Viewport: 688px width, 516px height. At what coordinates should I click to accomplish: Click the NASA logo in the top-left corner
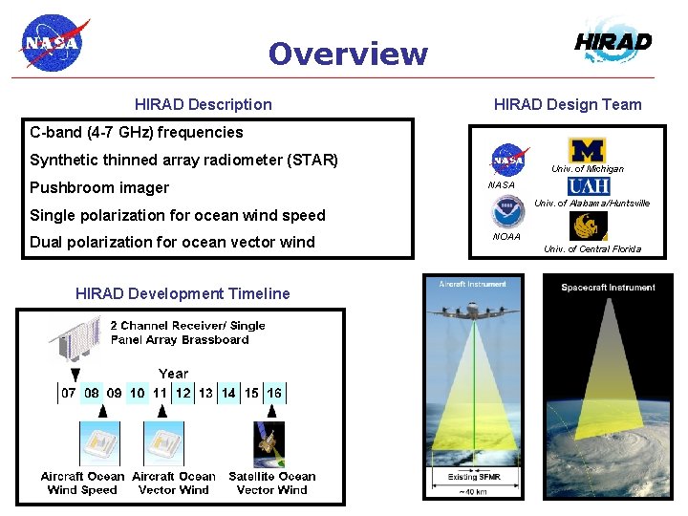pyautogui.click(x=54, y=42)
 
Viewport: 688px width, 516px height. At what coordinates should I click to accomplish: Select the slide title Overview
pyautogui.click(x=348, y=54)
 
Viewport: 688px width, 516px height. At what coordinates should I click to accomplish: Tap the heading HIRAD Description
pyautogui.click(x=203, y=104)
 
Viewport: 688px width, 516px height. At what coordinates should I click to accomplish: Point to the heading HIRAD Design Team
pyautogui.click(x=568, y=104)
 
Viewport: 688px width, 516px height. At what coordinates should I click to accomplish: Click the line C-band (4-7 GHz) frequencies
pyautogui.click(x=137, y=132)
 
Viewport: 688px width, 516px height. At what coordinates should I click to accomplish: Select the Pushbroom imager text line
pyautogui.click(x=99, y=187)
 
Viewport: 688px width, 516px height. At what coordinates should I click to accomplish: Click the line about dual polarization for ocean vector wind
pyautogui.click(x=172, y=242)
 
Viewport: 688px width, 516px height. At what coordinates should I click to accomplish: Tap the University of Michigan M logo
pyautogui.click(x=587, y=150)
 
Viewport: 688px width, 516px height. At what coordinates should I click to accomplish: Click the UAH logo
pyautogui.click(x=589, y=186)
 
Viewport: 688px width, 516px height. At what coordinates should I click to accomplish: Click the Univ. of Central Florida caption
pyautogui.click(x=592, y=249)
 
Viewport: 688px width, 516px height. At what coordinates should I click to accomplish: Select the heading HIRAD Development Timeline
pyautogui.click(x=183, y=293)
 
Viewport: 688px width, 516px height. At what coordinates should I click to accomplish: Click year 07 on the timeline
pyautogui.click(x=69, y=393)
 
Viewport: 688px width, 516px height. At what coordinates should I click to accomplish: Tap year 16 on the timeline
pyautogui.click(x=274, y=393)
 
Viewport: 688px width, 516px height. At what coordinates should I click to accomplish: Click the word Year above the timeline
pyautogui.click(x=173, y=374)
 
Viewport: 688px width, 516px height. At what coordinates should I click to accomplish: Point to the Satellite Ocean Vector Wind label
pyautogui.click(x=272, y=483)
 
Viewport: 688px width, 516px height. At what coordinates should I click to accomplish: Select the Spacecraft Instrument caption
pyautogui.click(x=608, y=288)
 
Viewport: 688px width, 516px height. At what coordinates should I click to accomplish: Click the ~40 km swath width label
pyautogui.click(x=474, y=491)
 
